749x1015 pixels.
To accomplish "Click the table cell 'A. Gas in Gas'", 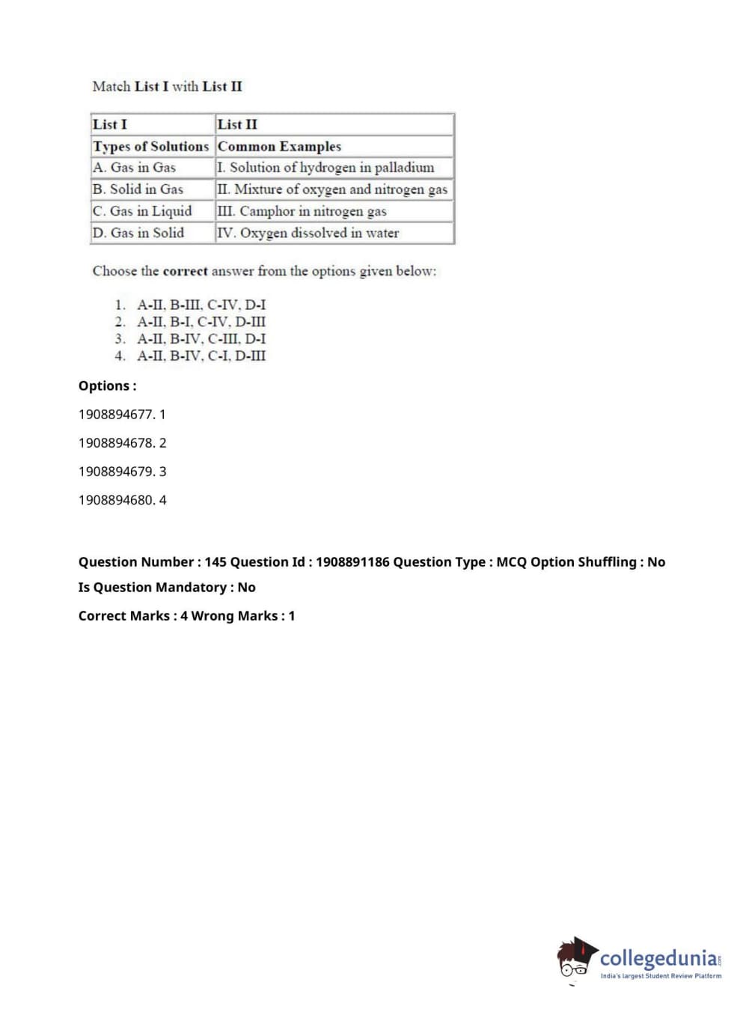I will coord(135,168).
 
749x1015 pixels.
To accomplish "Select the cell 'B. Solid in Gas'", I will coord(138,189).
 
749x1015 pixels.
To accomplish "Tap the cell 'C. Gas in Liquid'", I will coord(142,211).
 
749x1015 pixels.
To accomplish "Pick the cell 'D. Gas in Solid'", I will coord(138,233).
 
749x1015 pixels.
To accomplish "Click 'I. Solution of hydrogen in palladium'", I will coord(325,168).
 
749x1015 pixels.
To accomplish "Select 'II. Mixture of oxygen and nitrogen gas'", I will coord(332,189).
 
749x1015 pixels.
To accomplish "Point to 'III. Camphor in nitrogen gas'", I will coord(302,211).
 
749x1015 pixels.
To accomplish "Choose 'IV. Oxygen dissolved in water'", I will coord(308,233).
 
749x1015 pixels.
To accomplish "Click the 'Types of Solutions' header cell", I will coord(150,146).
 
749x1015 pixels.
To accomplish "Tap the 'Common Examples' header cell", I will coord(279,146).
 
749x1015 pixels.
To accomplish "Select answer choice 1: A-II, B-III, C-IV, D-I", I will coord(201,305).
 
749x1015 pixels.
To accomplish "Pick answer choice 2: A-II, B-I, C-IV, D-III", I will coord(201,322).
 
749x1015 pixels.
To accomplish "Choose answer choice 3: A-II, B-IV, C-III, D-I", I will coord(201,339).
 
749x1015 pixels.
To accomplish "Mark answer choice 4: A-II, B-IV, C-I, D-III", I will coord(201,356).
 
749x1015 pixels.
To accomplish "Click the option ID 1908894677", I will coord(116,415).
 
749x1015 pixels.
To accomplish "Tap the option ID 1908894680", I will coord(116,500).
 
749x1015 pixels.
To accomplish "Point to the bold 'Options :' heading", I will coord(108,386).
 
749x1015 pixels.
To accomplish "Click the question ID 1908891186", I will coord(352,562).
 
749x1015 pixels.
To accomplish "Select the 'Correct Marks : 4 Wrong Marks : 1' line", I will coord(186,616).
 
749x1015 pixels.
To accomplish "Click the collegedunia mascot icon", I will coord(576,958).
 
